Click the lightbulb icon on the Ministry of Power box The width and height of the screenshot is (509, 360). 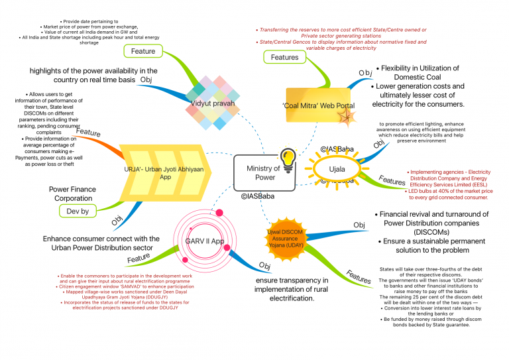tap(288, 159)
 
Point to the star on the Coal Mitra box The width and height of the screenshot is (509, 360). tap(347, 117)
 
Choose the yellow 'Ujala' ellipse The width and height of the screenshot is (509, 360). tap(338, 169)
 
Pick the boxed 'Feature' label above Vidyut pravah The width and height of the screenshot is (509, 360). tap(142, 51)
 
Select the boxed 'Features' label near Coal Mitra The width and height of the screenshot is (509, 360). tap(285, 58)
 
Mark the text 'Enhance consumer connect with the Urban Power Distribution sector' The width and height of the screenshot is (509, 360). tap(101, 243)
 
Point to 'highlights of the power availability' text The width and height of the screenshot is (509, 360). tap(93, 76)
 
